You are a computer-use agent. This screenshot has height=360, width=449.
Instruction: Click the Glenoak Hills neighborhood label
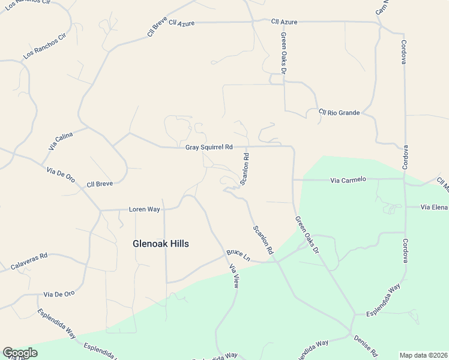tap(160, 244)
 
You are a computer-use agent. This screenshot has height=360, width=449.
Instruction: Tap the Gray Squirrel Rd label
tap(208, 147)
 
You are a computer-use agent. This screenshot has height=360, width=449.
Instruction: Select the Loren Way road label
tap(145, 209)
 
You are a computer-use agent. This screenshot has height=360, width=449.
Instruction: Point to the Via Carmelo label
tap(348, 179)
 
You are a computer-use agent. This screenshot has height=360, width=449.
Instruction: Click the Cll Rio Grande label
tap(339, 112)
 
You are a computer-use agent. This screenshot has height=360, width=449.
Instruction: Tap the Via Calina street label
tap(60, 141)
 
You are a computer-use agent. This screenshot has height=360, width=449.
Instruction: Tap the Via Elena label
tap(435, 207)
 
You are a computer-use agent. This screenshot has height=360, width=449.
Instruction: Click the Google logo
tap(20, 353)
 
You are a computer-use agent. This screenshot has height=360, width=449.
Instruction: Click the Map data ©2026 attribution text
tap(423, 355)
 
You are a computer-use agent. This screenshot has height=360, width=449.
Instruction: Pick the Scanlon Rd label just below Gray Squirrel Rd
tap(244, 169)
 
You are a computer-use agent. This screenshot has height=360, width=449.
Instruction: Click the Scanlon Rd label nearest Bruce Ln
tap(263, 239)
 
